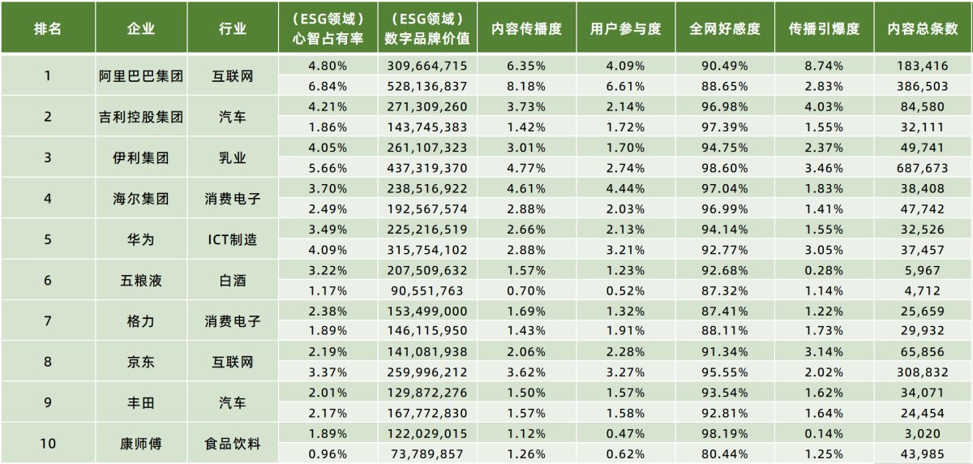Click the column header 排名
(x=47, y=28)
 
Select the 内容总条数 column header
(x=923, y=28)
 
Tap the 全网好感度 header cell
(x=725, y=28)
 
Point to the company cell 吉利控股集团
(x=141, y=117)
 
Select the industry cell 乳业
(x=233, y=157)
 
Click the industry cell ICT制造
(x=233, y=239)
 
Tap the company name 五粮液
(x=141, y=280)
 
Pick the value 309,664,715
(x=427, y=66)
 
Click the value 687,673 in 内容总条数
(x=923, y=168)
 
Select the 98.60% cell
(x=725, y=168)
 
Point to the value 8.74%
(x=824, y=66)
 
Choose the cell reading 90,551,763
(x=427, y=290)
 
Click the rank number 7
(x=47, y=320)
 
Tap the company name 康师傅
(x=141, y=443)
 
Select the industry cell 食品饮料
(x=233, y=443)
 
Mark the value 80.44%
(x=725, y=453)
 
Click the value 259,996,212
(x=427, y=372)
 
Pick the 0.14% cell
(x=824, y=433)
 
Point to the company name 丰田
(x=141, y=402)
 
